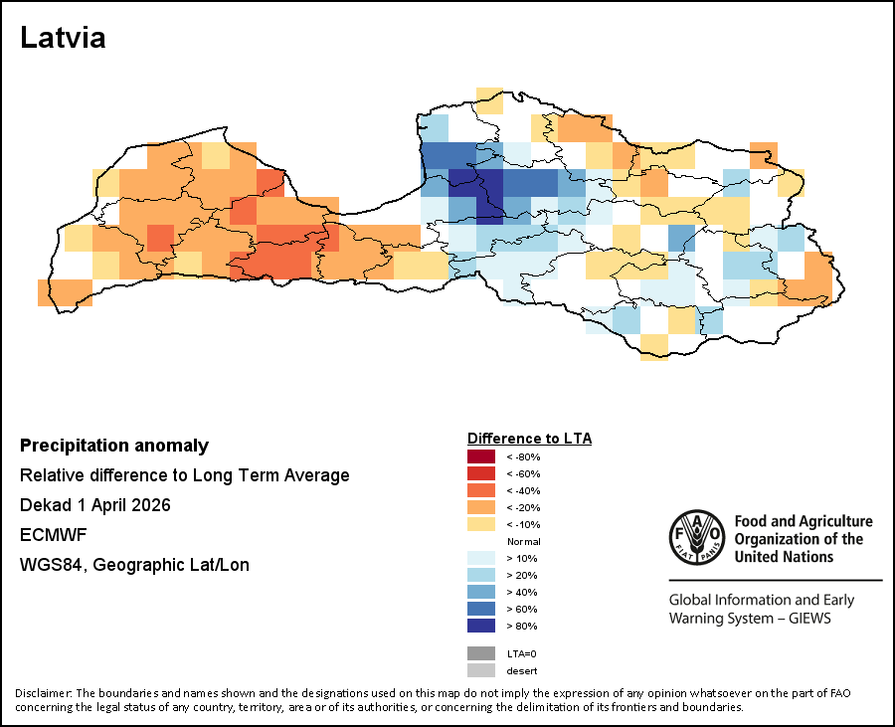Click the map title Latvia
click(63, 39)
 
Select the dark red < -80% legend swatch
click(481, 456)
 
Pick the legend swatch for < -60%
click(481, 473)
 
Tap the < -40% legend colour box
click(481, 490)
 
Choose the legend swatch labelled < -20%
click(481, 507)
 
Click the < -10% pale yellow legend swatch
click(481, 524)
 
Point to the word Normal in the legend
click(523, 541)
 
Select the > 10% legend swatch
click(481, 558)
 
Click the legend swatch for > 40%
click(481, 592)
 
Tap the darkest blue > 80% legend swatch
click(481, 626)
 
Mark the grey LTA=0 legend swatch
click(481, 653)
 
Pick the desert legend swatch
click(481, 670)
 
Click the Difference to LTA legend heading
click(529, 439)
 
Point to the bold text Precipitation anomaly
click(114, 446)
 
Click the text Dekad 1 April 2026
click(95, 505)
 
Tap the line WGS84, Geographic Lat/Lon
click(134, 565)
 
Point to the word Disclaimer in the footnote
click(43, 693)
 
